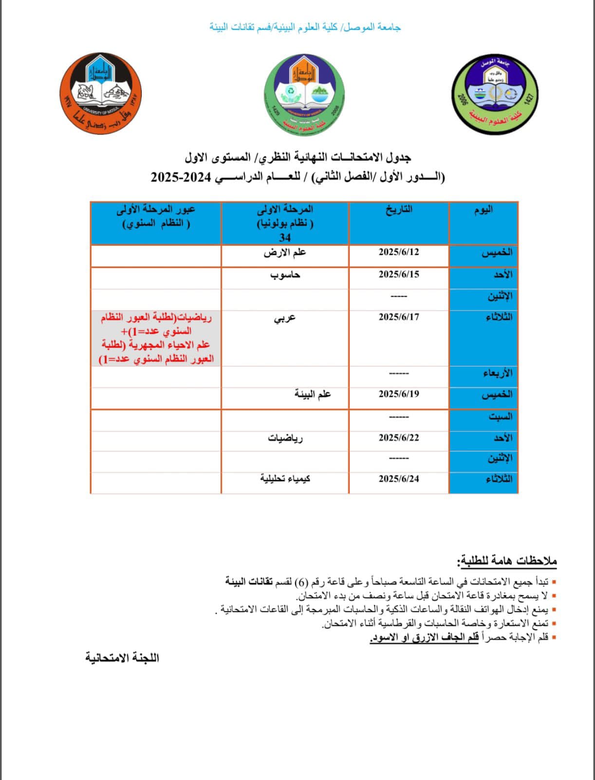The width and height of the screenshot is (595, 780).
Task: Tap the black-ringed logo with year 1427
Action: (x=495, y=96)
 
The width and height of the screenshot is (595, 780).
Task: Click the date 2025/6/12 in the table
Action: (x=399, y=252)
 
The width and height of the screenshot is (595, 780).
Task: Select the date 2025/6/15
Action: (x=399, y=274)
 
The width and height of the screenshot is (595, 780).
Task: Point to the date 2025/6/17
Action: (x=399, y=317)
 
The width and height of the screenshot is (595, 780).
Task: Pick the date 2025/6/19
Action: (x=399, y=394)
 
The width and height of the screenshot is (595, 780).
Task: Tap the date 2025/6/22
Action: (x=399, y=438)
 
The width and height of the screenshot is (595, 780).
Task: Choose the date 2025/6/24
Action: (x=399, y=479)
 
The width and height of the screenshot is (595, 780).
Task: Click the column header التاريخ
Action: (x=399, y=209)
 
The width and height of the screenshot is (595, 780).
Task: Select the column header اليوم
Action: (x=483, y=209)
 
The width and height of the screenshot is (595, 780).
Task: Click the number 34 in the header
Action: (x=285, y=237)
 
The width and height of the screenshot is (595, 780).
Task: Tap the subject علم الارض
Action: (x=285, y=253)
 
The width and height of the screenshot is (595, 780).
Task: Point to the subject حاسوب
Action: (x=285, y=275)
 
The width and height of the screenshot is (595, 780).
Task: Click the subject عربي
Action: (x=285, y=318)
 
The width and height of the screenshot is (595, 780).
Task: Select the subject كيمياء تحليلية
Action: (x=285, y=479)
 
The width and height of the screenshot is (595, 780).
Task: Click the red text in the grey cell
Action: (x=156, y=338)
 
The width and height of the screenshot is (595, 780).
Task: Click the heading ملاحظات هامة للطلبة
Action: (x=507, y=561)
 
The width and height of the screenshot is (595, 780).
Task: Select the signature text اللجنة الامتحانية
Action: (x=122, y=658)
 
